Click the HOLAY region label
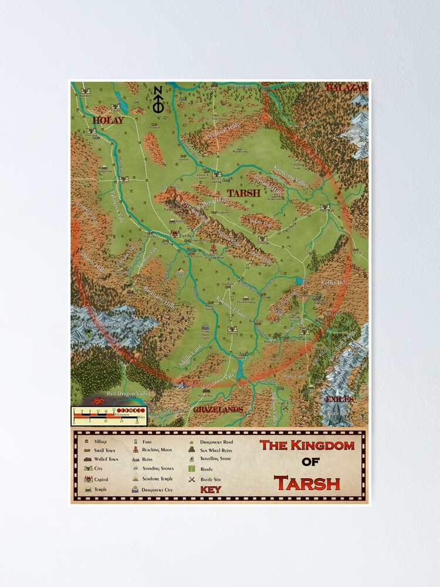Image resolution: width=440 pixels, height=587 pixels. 108,120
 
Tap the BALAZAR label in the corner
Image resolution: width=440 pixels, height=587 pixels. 346,87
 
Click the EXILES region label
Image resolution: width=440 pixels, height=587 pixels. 340,399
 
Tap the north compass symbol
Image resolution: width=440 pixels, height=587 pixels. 157,100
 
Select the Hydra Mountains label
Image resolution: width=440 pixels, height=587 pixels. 103,324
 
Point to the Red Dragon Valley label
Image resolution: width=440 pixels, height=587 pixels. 129,393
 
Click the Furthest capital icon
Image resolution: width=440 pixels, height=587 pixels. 174,234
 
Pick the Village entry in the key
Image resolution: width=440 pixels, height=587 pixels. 97,440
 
